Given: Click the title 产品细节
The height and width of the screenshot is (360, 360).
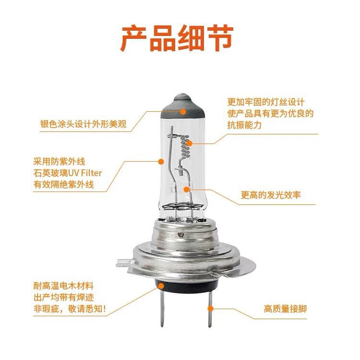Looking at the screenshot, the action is [x=177, y=38].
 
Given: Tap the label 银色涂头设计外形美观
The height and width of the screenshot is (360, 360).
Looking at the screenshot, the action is [x=84, y=124].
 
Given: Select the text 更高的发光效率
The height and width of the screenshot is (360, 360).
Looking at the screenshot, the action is [x=271, y=195].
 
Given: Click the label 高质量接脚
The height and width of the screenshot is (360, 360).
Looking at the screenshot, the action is [x=285, y=309].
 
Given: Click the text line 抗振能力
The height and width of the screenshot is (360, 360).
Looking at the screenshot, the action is [x=244, y=125].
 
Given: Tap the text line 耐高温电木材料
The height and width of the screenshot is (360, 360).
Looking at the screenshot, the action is [x=63, y=286].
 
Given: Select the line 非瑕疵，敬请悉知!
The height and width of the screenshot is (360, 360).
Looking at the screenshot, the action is [x=70, y=309].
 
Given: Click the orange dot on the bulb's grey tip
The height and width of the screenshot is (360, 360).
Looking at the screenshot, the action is [x=183, y=111].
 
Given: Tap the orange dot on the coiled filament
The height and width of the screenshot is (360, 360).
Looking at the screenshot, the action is [x=189, y=144].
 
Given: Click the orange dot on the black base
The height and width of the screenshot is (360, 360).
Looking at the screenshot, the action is [x=161, y=286].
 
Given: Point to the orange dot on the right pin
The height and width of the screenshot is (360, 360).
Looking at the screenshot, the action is [x=210, y=308].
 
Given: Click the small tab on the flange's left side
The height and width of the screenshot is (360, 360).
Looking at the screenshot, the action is [x=124, y=263].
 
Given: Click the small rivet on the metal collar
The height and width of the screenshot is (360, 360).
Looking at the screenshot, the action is [x=181, y=235].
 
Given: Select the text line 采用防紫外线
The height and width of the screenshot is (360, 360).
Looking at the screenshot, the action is [x=59, y=162].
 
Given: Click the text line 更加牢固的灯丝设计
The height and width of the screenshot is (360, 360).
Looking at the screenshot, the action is [x=266, y=102].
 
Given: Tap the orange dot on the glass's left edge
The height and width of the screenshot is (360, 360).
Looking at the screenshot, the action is [x=162, y=161].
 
